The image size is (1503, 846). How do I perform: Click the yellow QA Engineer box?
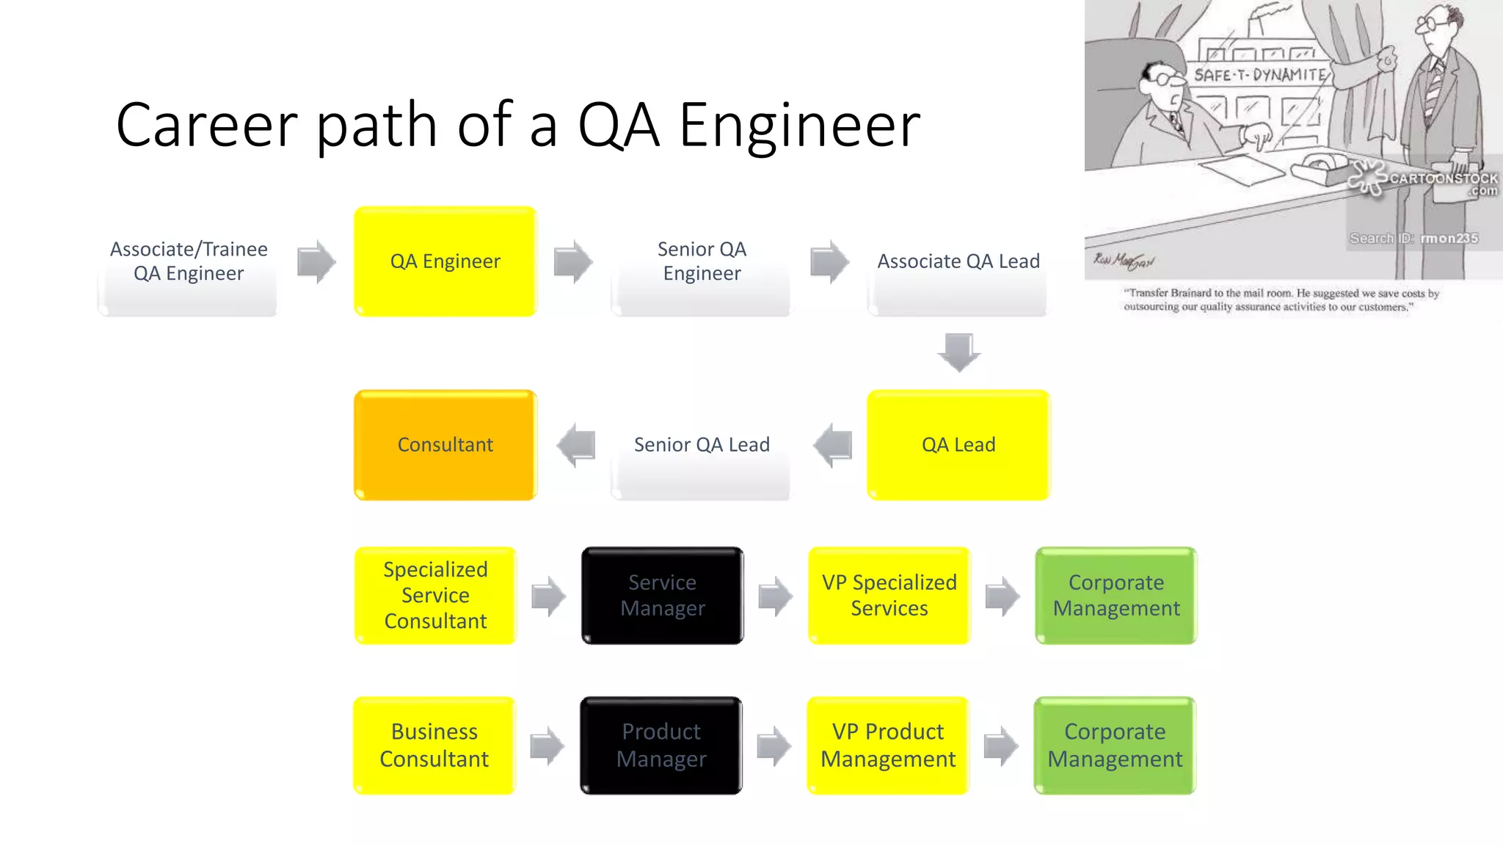445,261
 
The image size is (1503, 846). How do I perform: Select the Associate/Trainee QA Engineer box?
188,261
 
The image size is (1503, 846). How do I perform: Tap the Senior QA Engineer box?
701,261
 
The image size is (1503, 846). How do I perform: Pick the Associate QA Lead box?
958,261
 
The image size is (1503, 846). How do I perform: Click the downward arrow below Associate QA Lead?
958,352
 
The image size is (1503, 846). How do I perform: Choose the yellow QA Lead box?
958,445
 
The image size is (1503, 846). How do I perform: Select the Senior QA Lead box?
701,445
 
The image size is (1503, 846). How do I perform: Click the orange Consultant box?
445,445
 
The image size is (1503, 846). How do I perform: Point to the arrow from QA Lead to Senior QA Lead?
833,445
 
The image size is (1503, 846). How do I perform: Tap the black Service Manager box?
662,596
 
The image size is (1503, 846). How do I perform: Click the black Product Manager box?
660,745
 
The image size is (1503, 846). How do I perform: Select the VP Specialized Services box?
889,596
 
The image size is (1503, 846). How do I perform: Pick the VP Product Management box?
887,745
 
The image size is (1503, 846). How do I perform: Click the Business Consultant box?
434,745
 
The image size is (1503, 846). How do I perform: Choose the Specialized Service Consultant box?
435,596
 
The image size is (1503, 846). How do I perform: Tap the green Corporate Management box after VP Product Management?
1114,745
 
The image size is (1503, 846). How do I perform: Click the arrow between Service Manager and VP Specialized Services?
775,596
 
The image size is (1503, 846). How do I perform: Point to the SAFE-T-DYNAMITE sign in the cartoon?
1259,75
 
